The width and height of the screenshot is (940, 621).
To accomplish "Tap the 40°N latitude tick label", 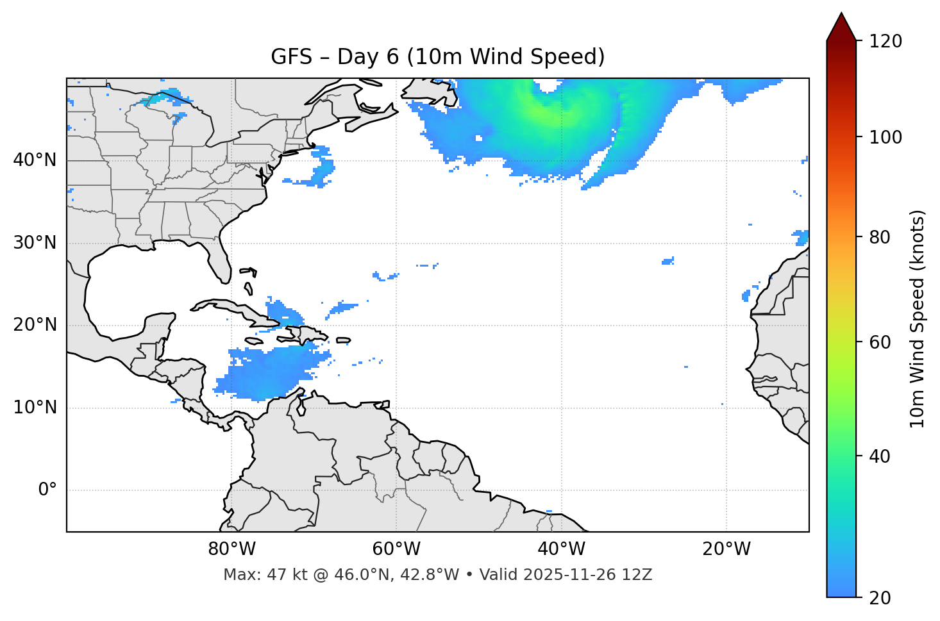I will pos(35,160).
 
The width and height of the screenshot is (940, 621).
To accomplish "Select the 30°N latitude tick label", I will pos(35,243).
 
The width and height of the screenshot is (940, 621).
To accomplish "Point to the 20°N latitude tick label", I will pos(35,325).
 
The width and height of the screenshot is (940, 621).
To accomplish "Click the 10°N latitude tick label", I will pos(35,408).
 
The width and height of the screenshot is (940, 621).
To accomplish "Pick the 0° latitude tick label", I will pos(47,490).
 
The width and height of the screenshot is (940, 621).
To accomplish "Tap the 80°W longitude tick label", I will pos(231,549).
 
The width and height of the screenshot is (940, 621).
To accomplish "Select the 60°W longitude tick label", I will pos(396,549).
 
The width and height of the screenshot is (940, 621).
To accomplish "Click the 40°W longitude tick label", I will pos(561,549).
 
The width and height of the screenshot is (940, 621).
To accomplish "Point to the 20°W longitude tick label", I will pos(726,549).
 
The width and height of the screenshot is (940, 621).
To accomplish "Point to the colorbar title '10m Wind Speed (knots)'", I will pos(918,319).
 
